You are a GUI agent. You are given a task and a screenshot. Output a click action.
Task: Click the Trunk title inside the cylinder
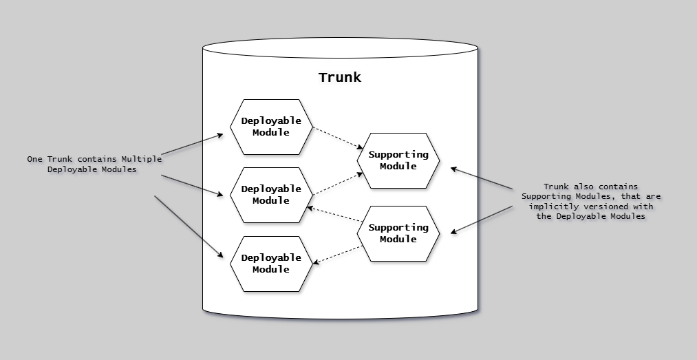[340, 77]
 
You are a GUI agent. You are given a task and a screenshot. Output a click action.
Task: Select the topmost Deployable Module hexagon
[270, 127]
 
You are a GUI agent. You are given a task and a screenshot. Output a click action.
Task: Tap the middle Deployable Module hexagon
[270, 195]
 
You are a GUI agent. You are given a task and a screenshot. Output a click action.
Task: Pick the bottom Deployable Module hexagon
[270, 264]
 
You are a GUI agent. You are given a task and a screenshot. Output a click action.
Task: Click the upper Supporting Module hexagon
[398, 160]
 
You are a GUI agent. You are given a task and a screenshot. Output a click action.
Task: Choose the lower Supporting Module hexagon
[398, 233]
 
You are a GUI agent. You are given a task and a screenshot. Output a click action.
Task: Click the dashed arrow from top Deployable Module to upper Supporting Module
[337, 138]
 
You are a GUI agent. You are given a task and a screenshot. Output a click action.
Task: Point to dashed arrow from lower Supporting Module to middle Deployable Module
[334, 214]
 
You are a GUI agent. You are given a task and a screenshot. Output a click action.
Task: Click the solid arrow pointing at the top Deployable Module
[193, 145]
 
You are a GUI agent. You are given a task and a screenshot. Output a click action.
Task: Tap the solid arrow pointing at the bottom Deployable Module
[189, 226]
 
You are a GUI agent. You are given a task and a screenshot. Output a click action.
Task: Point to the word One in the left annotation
[35, 159]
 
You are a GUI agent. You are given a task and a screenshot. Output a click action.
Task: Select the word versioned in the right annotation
[606, 207]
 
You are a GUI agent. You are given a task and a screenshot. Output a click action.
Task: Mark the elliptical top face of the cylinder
[340, 49]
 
